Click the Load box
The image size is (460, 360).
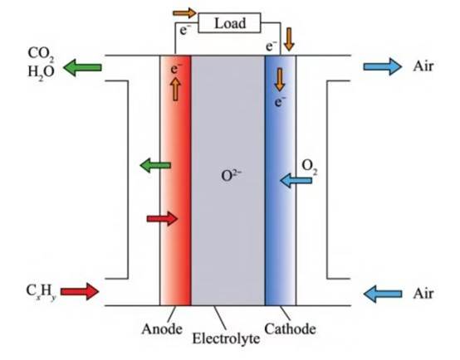pos(229,22)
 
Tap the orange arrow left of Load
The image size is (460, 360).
pos(184,13)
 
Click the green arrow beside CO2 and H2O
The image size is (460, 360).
pos(82,67)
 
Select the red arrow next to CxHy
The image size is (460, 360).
pos(80,291)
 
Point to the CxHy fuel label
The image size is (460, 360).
pos(41,292)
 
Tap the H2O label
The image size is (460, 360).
pos(41,72)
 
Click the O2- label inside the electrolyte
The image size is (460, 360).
pos(231,175)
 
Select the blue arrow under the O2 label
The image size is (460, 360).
pos(296,180)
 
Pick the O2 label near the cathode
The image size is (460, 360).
pos(310,167)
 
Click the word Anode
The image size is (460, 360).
pos(162,329)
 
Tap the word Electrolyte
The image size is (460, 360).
pos(226,338)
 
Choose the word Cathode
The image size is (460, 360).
pos(290,329)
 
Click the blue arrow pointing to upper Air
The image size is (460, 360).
pos(382,66)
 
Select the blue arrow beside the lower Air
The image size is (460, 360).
pos(383,294)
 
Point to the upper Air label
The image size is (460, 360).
pos(423,66)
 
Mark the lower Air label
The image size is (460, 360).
pos(423,294)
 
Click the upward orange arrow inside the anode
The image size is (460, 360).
pos(175,90)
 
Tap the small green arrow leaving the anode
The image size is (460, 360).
pos(155,165)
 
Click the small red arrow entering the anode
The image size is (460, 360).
pos(162,219)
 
